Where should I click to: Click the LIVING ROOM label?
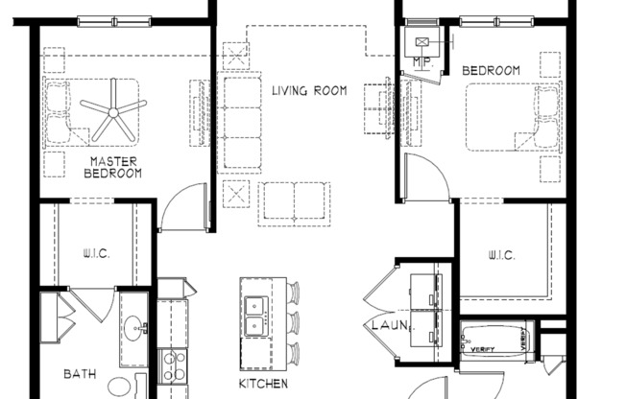coord(308,92)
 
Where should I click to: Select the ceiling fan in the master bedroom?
coord(113,111)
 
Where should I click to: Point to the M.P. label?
coord(420,62)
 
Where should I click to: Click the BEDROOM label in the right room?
coord(491,71)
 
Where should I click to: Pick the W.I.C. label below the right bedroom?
coord(500,255)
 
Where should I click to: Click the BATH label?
coord(80,374)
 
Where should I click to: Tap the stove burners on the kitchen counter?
coord(173,364)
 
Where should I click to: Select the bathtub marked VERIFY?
coord(496,342)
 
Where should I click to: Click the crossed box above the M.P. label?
coord(422,42)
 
